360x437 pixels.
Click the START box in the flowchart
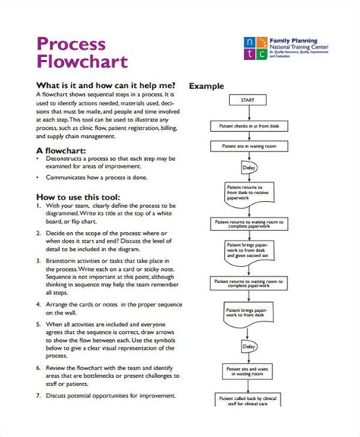pyautogui.click(x=248, y=99)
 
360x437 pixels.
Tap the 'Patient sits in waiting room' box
pyautogui.click(x=248, y=144)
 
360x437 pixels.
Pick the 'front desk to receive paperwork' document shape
pyautogui.click(x=246, y=193)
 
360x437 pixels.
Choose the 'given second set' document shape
pyautogui.click(x=246, y=250)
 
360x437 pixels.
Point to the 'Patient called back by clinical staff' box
pyautogui.click(x=248, y=400)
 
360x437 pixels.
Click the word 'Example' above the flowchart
pyautogui.click(x=207, y=86)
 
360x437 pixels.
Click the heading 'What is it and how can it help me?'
pyautogui.click(x=106, y=85)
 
